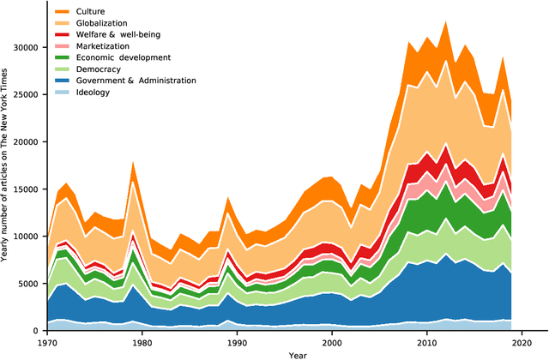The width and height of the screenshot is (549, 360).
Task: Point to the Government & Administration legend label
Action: (136, 81)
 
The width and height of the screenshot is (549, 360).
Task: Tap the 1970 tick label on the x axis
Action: (47, 342)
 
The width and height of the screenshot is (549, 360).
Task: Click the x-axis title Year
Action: (298, 354)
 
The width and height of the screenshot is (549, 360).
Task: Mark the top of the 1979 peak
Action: (133, 161)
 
